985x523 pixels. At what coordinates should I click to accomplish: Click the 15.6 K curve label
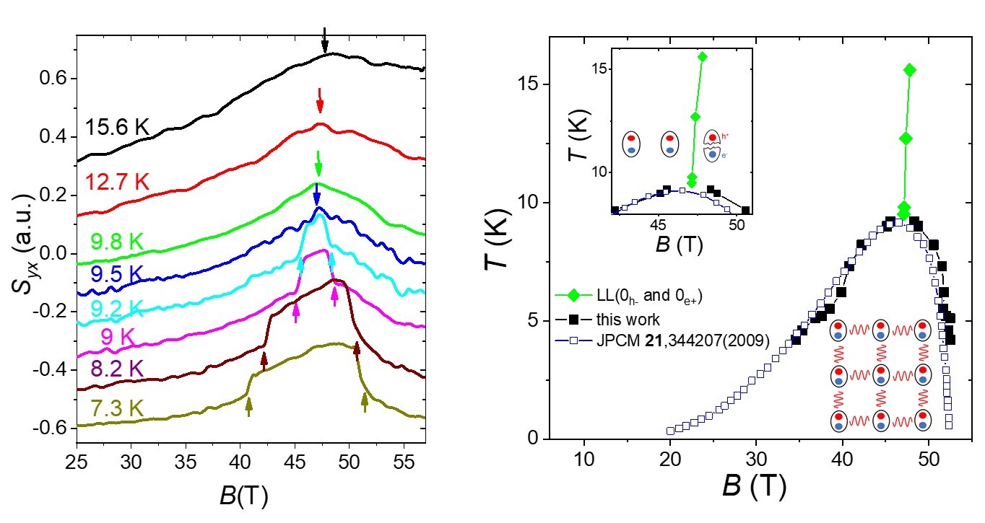coord(118,128)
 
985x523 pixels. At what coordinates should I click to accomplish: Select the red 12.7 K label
coord(117,183)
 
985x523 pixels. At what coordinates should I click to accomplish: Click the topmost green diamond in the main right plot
coord(909,70)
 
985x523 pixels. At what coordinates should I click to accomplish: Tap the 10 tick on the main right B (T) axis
coord(583,459)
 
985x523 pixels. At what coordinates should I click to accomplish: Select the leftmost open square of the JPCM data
coord(670,431)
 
